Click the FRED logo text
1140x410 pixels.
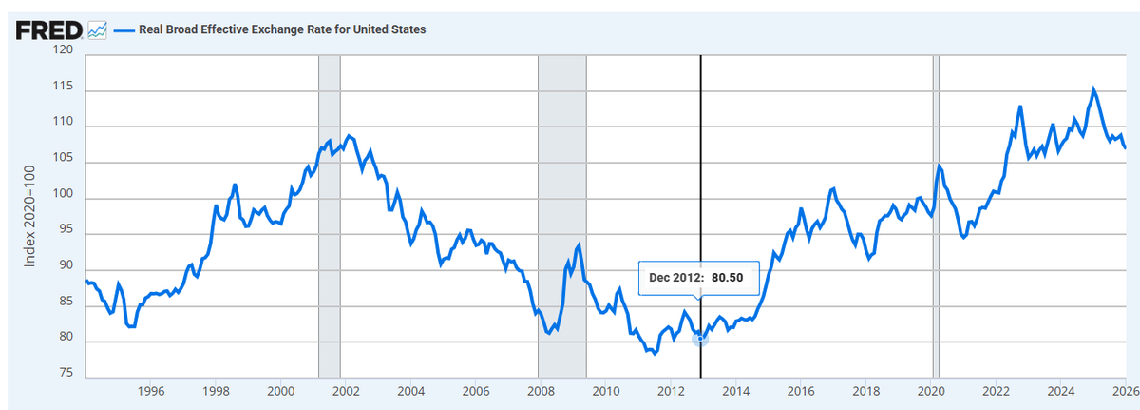48,30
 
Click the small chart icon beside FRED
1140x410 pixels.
97,30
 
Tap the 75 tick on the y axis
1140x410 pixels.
66,373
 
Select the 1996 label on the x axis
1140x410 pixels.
151,391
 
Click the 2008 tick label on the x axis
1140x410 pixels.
541,391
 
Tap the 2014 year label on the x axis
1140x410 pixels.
736,391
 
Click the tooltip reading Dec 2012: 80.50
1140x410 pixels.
698,277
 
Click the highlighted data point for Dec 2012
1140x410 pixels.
701,338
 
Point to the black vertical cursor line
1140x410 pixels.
701,190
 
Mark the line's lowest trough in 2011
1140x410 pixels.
655,354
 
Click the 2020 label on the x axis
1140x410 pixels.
931,391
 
